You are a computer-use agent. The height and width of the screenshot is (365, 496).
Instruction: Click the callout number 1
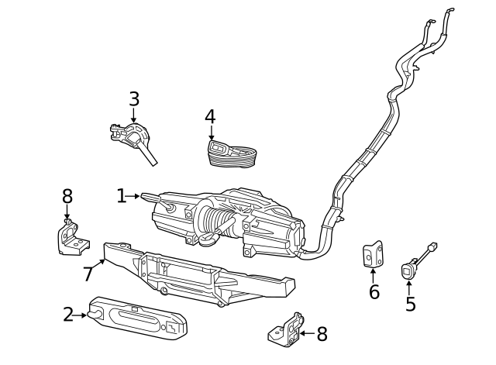click(x=121, y=196)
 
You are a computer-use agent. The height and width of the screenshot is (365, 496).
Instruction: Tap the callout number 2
click(x=68, y=315)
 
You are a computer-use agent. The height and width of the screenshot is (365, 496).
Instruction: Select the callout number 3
click(x=134, y=99)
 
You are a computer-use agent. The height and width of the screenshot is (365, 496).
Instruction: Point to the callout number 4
click(x=210, y=117)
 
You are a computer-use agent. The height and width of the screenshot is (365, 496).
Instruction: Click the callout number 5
click(x=410, y=305)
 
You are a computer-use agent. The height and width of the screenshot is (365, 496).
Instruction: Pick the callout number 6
click(x=374, y=292)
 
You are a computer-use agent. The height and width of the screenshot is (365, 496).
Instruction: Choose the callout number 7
click(x=88, y=274)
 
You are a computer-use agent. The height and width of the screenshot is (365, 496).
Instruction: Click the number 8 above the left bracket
click(x=67, y=197)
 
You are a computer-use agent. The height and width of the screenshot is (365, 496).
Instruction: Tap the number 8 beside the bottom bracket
click(x=322, y=334)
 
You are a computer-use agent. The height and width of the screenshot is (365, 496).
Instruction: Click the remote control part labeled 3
click(x=136, y=139)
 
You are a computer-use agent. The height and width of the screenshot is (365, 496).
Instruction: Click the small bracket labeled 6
click(x=373, y=253)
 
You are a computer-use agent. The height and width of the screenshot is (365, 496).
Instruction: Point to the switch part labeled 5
click(x=408, y=270)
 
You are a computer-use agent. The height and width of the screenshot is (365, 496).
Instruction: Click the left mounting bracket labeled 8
click(x=71, y=238)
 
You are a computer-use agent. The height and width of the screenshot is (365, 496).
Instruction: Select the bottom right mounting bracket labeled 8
click(x=287, y=330)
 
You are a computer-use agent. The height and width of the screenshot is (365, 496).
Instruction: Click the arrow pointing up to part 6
click(x=374, y=274)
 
